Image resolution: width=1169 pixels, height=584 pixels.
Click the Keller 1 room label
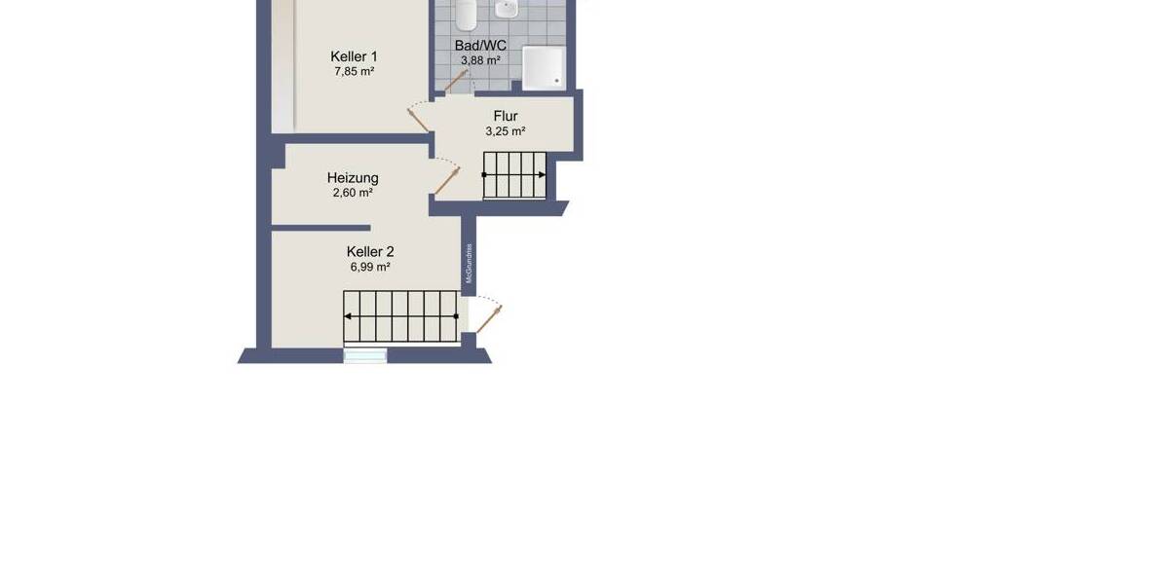[x=354, y=56]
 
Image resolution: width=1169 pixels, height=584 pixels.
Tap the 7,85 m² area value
[x=354, y=72]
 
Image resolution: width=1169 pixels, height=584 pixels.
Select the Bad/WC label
[x=480, y=45]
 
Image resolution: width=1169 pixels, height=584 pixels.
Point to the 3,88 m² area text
[x=480, y=60]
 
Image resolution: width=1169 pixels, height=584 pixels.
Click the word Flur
[x=506, y=117]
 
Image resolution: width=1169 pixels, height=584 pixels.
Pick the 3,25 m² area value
[x=506, y=131]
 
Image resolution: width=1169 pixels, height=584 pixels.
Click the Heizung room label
[x=353, y=178]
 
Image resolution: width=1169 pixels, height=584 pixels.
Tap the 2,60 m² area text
[x=353, y=193]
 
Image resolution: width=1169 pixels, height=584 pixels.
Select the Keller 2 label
[x=370, y=251]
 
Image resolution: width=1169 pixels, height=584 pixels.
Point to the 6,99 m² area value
[x=370, y=267]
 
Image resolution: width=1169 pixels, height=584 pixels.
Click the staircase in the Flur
[x=515, y=175]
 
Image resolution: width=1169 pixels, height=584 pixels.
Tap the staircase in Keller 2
[x=401, y=317]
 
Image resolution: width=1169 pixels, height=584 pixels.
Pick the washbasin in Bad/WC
[x=506, y=10]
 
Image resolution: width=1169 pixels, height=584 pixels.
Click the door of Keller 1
[x=420, y=118]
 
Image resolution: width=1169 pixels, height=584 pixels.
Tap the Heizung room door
[x=447, y=180]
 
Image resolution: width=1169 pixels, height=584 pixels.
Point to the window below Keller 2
[x=365, y=356]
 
